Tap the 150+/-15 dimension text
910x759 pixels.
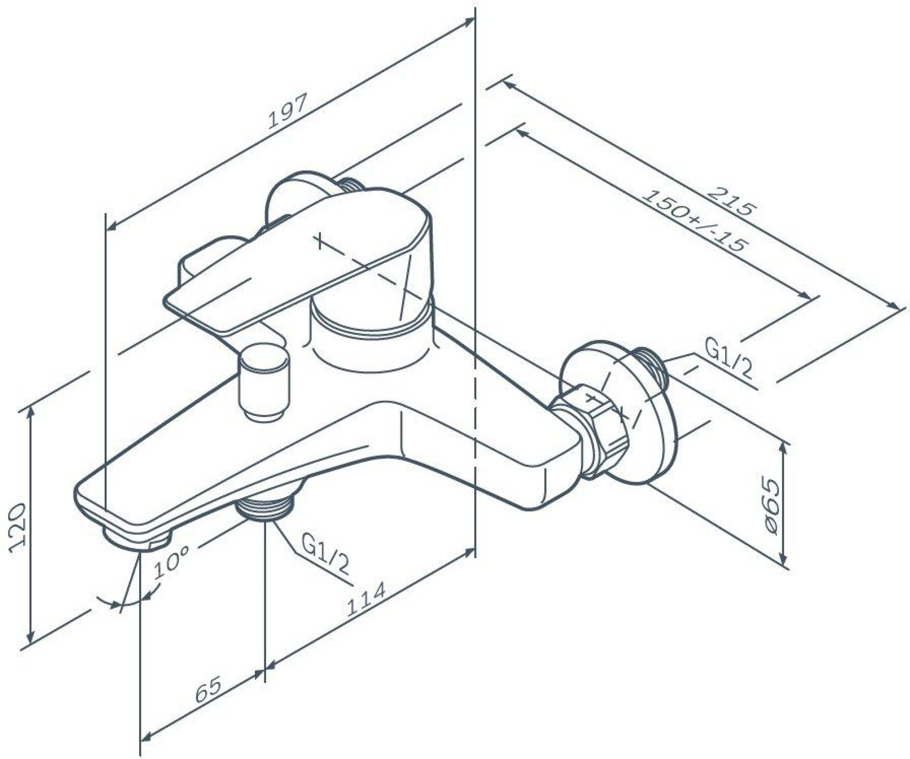coord(694,221)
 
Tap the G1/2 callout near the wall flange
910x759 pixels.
coord(728,363)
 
